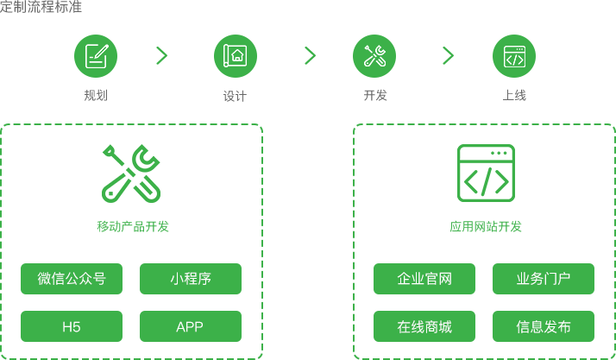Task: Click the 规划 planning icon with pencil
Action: [95, 55]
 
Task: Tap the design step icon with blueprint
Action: [235, 55]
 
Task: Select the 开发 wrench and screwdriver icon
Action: [374, 55]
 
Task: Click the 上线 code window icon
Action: [513, 55]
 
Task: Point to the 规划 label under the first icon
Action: [95, 96]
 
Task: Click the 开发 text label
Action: [375, 96]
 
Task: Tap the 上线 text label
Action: [514, 96]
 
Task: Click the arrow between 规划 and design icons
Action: [161, 55]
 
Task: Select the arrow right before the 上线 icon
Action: [448, 55]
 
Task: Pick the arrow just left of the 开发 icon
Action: [310, 55]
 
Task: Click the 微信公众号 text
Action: [72, 279]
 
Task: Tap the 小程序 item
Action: [191, 279]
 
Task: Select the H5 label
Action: [72, 327]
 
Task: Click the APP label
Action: [190, 327]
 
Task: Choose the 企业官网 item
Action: [424, 279]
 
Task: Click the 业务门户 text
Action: [544, 279]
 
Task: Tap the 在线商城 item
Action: [424, 327]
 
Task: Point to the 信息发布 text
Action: [544, 327]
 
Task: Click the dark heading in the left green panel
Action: [129, 227]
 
